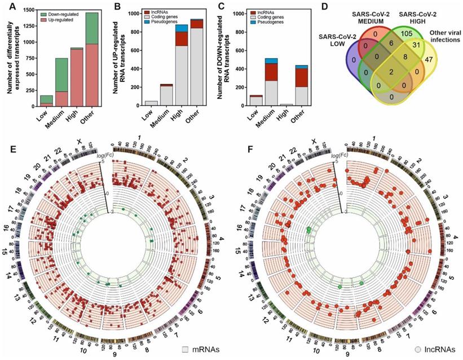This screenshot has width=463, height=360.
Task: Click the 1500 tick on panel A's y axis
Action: pos(32,13)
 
